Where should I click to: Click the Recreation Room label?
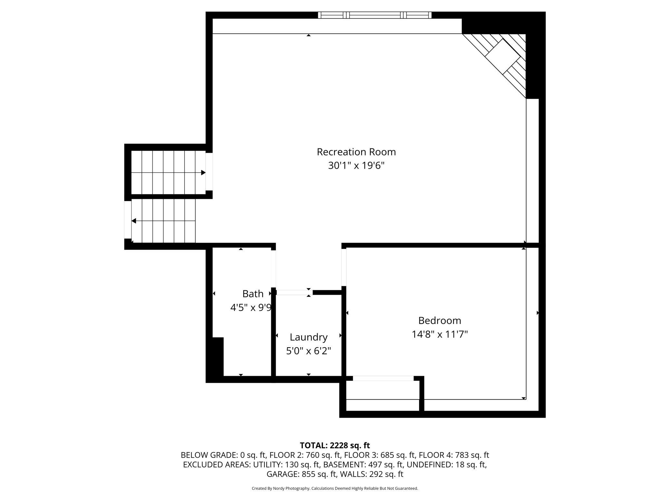click(x=356, y=152)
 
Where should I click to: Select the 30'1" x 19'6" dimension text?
click(x=356, y=165)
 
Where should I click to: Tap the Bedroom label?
click(x=440, y=321)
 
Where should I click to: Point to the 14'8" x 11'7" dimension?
click(x=440, y=334)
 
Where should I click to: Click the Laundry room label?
click(x=309, y=337)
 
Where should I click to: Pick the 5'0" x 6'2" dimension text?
click(x=309, y=351)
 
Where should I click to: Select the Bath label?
click(x=253, y=294)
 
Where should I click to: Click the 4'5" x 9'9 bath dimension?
click(x=251, y=308)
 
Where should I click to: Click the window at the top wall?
click(x=375, y=15)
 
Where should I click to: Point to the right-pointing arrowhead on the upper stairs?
click(x=203, y=172)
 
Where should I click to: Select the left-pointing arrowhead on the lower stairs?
click(x=134, y=221)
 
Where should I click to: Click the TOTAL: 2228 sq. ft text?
click(x=335, y=445)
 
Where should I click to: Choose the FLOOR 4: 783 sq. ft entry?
click(x=454, y=455)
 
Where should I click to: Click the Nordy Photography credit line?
click(x=335, y=488)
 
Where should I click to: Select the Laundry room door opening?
click(x=294, y=293)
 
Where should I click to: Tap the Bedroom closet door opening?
click(x=383, y=378)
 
